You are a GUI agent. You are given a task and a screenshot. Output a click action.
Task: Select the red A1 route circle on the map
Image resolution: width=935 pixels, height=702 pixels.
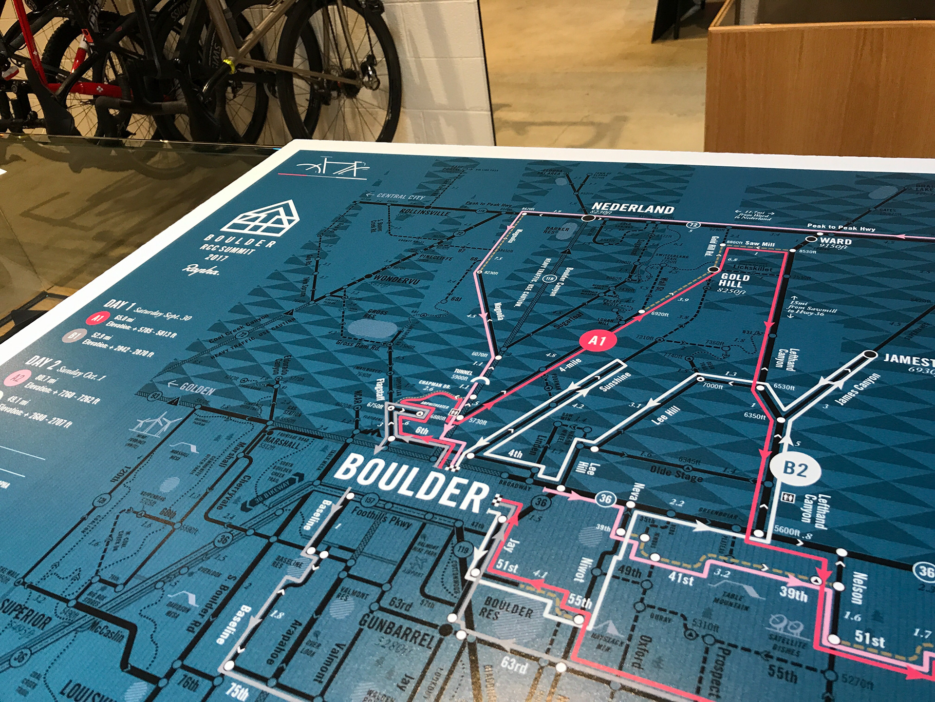coord(598,341)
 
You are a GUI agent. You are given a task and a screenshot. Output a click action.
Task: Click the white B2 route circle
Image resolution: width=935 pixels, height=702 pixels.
coord(795,469)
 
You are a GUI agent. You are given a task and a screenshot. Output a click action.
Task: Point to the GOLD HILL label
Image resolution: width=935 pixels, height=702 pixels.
coord(734,280)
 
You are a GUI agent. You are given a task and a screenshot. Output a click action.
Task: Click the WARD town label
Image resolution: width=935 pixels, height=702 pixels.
coord(836,241)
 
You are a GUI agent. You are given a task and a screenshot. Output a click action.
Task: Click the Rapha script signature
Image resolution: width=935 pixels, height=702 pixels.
coord(200,270)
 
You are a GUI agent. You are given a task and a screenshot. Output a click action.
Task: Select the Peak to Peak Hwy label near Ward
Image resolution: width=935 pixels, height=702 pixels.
coord(841,227)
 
